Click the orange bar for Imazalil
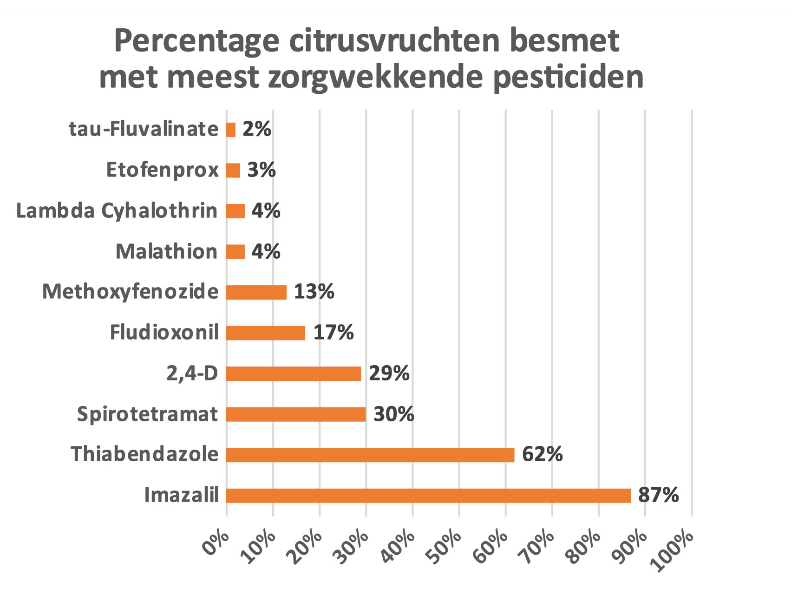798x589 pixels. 428,496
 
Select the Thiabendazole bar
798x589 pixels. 370,455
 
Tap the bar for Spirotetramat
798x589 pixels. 296,414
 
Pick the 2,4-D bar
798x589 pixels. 294,373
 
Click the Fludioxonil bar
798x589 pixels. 266,333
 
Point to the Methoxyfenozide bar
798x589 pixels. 256,292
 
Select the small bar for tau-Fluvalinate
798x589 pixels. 231,130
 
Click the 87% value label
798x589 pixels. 658,495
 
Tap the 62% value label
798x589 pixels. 542,454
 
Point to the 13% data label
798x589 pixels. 314,292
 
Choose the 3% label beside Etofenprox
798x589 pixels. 262,170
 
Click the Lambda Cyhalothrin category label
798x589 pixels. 117,211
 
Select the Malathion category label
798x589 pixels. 166,252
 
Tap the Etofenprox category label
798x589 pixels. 162,170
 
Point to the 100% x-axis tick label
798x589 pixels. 673,551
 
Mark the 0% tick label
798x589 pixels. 216,543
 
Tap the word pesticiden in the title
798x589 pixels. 568,77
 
